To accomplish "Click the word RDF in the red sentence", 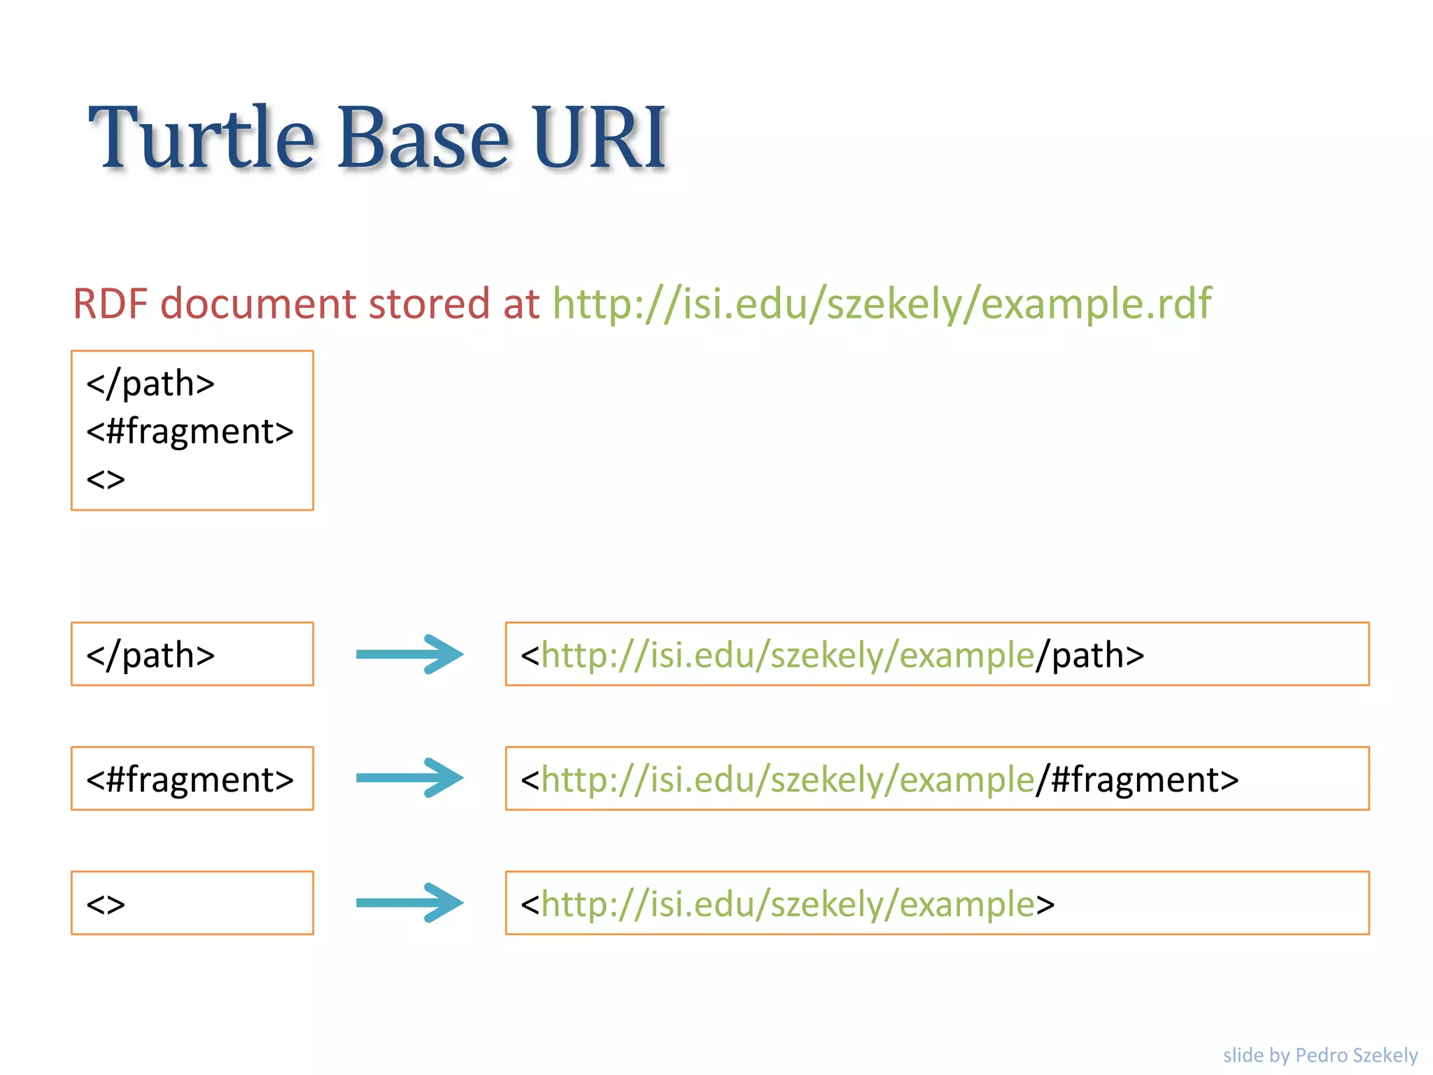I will click(x=110, y=304).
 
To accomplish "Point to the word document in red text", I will click(x=258, y=304).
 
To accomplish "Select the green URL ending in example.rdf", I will click(x=882, y=304).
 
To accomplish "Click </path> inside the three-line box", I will click(x=150, y=384).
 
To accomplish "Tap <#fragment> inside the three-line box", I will click(x=190, y=431).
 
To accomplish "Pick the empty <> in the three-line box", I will click(x=106, y=480).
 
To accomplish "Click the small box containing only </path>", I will click(x=192, y=654).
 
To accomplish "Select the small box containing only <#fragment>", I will click(x=192, y=779).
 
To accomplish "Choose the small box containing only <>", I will click(x=192, y=904).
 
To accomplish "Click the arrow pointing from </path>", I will click(x=409, y=654).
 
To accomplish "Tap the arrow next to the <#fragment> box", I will click(x=409, y=778).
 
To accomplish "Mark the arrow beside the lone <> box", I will click(x=409, y=903).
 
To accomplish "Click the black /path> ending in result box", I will click(x=1090, y=655).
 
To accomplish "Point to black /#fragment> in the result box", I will click(x=1137, y=780).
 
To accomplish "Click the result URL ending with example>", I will click(x=787, y=904).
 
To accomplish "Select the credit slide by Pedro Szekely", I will click(x=1320, y=1055).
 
